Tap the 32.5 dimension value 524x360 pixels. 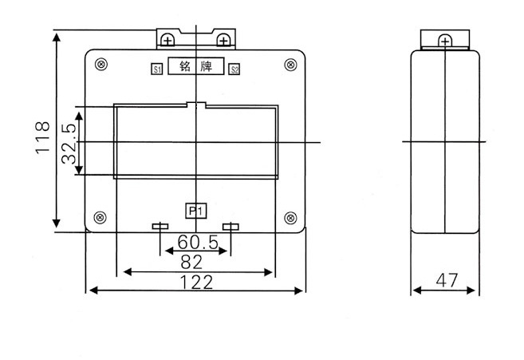pos(69,143)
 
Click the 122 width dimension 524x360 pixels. pos(195,282)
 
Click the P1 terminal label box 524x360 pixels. pos(196,211)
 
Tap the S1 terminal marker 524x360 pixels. pos(157,70)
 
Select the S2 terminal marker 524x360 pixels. pos(234,70)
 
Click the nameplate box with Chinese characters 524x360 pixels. pos(196,67)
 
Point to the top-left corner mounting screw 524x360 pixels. pos(101,65)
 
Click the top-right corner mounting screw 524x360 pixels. pos(290,65)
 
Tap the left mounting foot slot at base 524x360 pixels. pos(160,227)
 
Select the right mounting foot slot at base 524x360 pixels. pos(230,227)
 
